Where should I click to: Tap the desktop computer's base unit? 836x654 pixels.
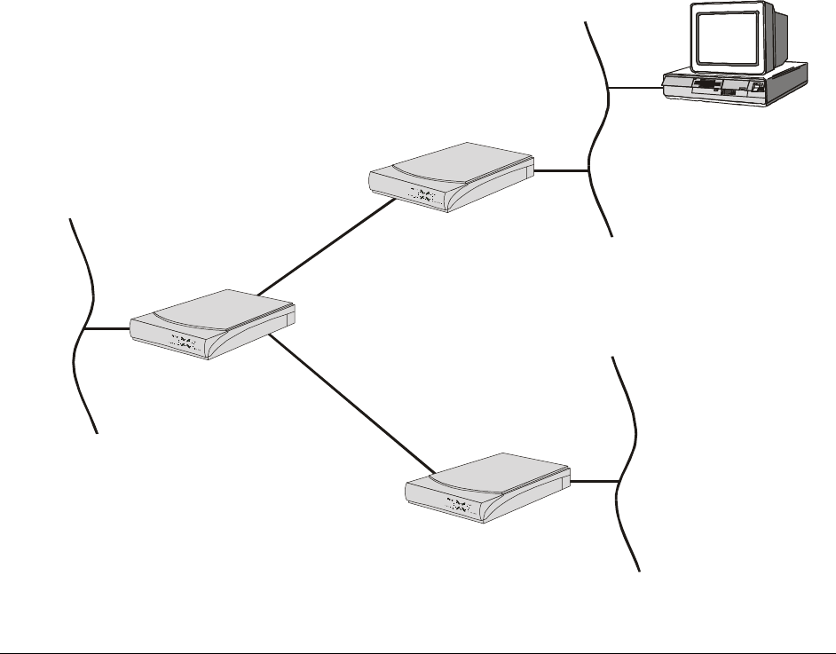click(x=736, y=86)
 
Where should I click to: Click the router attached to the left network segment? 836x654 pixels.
click(x=213, y=324)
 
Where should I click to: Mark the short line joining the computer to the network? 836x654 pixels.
click(x=636, y=87)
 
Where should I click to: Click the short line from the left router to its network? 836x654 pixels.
click(x=107, y=329)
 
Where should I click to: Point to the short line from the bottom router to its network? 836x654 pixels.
click(x=594, y=482)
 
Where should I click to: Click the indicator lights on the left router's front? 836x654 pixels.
click(x=184, y=342)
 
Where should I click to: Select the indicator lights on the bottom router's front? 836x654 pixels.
click(x=459, y=507)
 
